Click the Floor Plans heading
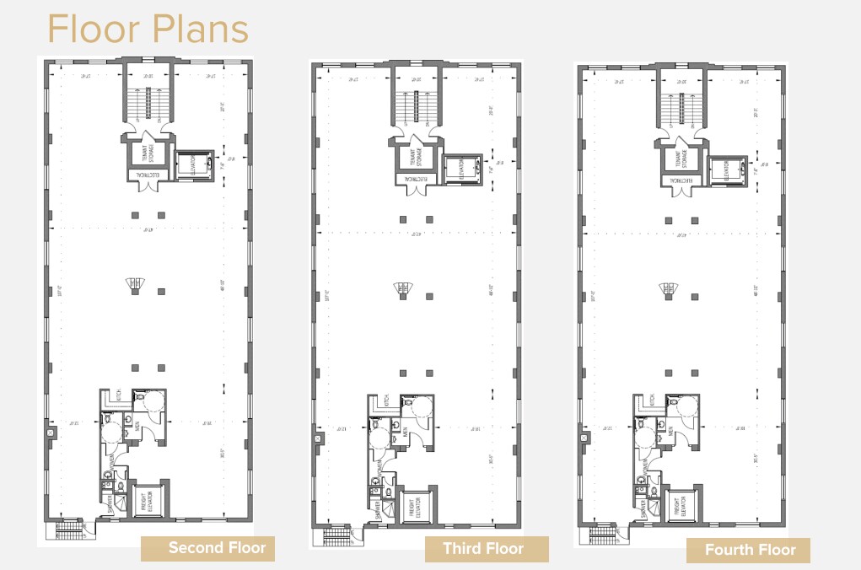[148, 29]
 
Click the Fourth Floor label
[749, 551]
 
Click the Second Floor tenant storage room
[148, 154]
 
